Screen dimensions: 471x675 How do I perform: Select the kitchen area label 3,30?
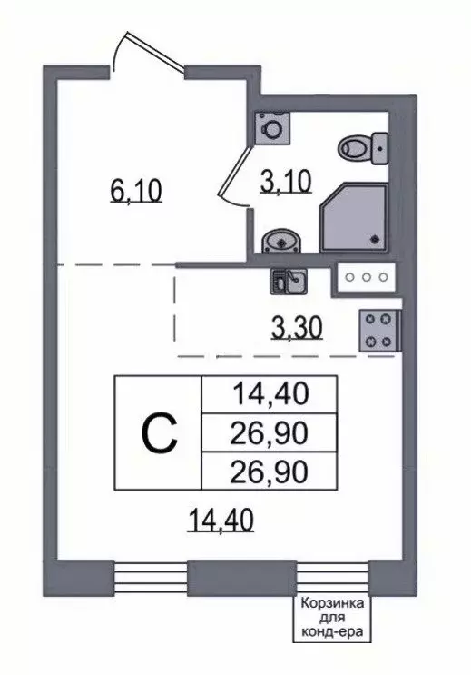coord(297,329)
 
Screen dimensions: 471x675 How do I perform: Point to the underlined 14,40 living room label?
coord(221,520)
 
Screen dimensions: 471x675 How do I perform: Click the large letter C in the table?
coord(159,432)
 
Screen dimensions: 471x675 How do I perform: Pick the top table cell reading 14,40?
coord(270,394)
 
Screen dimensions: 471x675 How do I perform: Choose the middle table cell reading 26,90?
coord(270,432)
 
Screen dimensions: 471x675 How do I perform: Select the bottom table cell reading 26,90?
coord(270,471)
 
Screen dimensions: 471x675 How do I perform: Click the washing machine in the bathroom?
coord(272,128)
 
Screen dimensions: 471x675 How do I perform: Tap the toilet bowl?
coord(363,148)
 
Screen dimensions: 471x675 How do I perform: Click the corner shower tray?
coord(354,216)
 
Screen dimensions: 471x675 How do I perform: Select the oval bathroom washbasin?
coord(281,241)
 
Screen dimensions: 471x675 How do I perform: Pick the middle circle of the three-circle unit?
coord(367,277)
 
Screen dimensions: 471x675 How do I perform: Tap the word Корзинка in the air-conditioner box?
coord(331,602)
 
